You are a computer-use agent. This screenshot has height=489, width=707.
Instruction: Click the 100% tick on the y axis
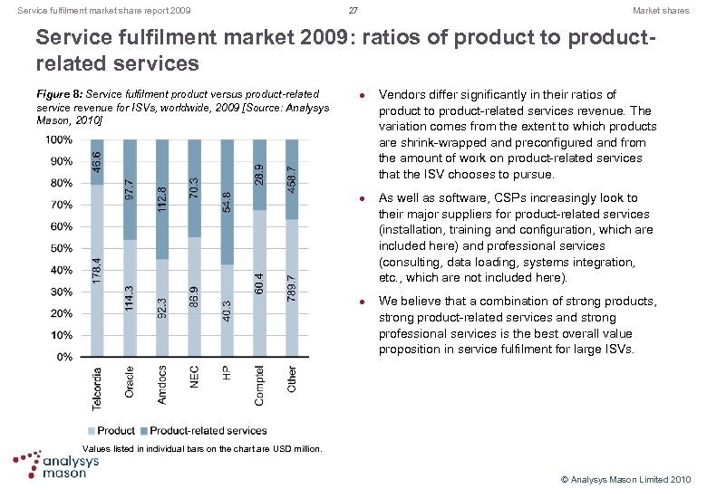click(59, 140)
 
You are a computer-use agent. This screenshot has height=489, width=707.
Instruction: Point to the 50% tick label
click(61, 248)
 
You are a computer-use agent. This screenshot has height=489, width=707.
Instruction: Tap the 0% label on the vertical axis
click(64, 357)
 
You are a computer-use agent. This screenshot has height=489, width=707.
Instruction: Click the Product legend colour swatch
click(91, 431)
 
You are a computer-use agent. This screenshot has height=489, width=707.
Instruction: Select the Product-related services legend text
click(208, 431)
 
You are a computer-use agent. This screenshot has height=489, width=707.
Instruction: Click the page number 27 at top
click(353, 11)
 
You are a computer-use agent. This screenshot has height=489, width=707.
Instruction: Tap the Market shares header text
click(661, 11)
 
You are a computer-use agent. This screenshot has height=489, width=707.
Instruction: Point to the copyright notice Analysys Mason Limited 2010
click(626, 478)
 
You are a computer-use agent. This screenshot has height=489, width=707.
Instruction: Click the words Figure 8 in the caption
click(53, 95)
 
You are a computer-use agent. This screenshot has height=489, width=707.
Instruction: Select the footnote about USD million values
click(202, 448)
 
